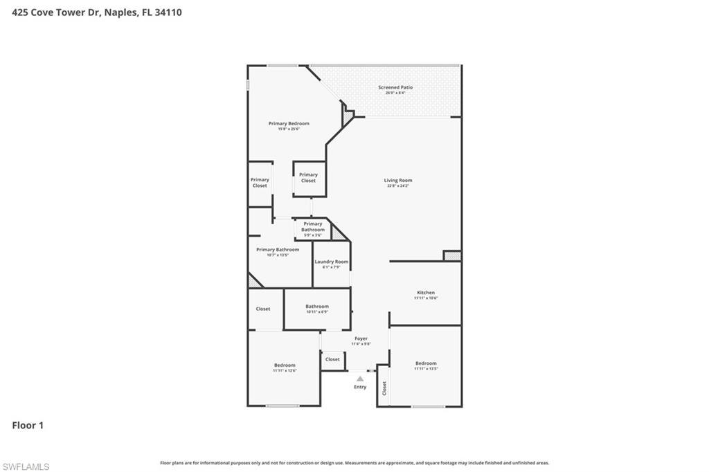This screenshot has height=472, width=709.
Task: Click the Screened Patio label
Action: click(395, 88)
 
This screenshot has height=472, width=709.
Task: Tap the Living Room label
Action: click(398, 181)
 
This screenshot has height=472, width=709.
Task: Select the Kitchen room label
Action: click(426, 293)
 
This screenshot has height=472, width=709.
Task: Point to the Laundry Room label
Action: click(332, 262)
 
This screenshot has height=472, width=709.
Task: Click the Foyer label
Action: click(361, 338)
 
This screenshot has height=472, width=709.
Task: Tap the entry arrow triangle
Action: click(360, 379)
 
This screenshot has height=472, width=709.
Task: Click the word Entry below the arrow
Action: click(360, 387)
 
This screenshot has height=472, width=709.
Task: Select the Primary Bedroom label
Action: click(289, 123)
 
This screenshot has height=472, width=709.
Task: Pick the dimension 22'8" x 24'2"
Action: click(398, 186)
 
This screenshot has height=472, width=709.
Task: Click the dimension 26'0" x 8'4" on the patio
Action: click(395, 93)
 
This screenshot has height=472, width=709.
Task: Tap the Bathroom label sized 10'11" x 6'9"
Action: click(317, 306)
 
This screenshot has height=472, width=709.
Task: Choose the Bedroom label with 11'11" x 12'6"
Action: click(285, 365)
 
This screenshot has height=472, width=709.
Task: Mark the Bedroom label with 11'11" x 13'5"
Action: click(426, 363)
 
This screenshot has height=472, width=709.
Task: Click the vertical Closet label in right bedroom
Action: click(384, 388)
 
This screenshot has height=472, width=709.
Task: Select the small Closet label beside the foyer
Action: click(333, 359)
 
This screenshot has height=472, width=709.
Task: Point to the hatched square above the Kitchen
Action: click(452, 256)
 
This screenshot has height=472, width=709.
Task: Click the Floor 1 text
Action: click(28, 426)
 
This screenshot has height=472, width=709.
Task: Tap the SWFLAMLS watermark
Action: click(26, 466)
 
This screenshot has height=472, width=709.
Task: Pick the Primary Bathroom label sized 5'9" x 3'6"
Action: click(312, 227)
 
